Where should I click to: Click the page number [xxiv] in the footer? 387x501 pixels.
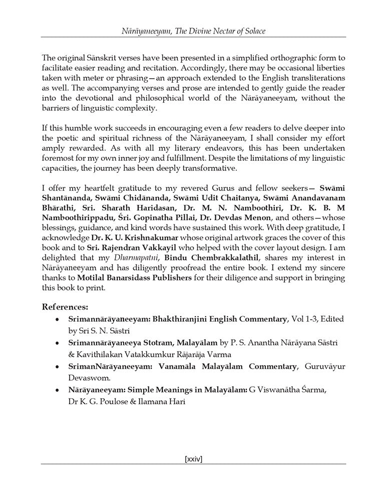(x=193, y=458)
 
